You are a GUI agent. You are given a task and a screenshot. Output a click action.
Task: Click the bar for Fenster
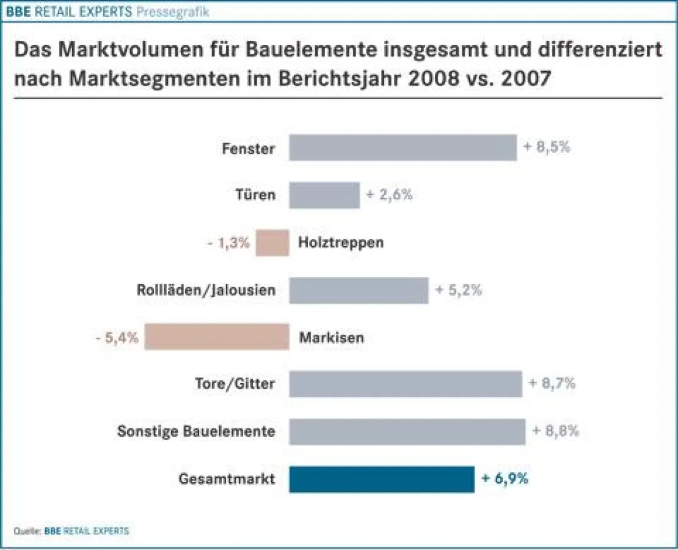(403, 148)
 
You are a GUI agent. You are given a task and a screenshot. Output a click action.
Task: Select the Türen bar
(324, 195)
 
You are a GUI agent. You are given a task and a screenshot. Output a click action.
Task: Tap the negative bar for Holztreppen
(272, 243)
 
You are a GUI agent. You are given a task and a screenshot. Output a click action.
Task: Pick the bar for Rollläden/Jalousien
(359, 290)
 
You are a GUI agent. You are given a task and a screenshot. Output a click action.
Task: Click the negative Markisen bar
(217, 337)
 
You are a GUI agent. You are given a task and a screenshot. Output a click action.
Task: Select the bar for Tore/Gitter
(406, 384)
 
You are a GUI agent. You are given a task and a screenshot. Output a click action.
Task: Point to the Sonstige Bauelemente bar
(407, 431)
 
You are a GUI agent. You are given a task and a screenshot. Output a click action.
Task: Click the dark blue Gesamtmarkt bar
(381, 479)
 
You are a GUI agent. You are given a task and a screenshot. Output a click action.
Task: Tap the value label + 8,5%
(547, 147)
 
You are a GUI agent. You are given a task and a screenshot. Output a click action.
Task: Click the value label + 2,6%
(389, 195)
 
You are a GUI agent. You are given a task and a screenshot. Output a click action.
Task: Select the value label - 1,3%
(228, 243)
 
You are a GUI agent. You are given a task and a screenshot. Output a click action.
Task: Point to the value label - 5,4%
(117, 337)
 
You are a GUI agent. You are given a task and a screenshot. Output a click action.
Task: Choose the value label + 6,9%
(505, 479)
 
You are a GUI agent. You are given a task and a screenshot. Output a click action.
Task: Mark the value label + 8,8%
(555, 431)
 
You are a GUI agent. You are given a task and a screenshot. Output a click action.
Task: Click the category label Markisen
(331, 337)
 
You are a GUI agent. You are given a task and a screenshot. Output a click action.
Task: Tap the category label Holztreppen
(341, 243)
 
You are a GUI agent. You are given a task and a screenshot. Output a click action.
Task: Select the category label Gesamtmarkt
(227, 480)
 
